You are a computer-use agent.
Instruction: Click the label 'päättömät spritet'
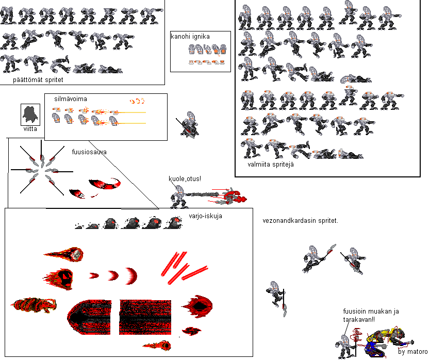pos(38,80)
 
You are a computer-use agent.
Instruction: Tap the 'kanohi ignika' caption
pos(190,37)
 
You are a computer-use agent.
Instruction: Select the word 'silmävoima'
pos(71,99)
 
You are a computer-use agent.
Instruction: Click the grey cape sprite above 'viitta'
pos(30,114)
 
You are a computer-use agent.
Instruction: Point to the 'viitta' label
pos(30,129)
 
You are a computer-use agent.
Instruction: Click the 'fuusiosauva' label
pos(89,152)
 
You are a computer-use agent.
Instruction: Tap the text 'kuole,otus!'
pos(185,179)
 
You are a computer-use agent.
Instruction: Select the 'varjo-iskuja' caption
pos(205,216)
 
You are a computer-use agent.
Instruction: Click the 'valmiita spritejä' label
pos(270,165)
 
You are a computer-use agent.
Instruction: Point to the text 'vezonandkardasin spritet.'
pos(300,221)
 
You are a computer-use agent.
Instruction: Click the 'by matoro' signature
pos(412,352)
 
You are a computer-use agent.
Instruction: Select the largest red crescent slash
pos(131,276)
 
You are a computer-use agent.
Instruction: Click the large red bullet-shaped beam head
pos(89,317)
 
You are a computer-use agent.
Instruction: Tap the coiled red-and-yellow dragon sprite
pos(34,305)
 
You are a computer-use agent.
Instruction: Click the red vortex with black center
pos(197,306)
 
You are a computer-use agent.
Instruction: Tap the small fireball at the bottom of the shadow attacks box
pos(157,346)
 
